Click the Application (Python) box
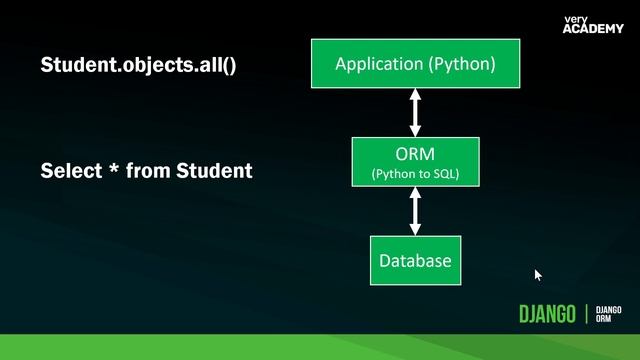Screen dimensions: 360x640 tap(415, 65)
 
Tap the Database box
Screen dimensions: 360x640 tap(415, 261)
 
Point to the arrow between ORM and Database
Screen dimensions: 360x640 tap(415, 211)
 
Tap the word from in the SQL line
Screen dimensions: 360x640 tap(149, 171)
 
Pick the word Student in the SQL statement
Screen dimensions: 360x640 tap(214, 171)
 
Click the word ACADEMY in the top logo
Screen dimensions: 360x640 tap(593, 28)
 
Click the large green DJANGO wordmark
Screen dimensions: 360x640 tap(547, 314)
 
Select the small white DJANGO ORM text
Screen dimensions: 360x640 tap(609, 314)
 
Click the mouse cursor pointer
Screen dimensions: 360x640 tap(537, 274)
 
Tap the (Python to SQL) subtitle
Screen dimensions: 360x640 tap(415, 174)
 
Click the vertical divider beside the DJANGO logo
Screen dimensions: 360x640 tap(586, 314)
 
